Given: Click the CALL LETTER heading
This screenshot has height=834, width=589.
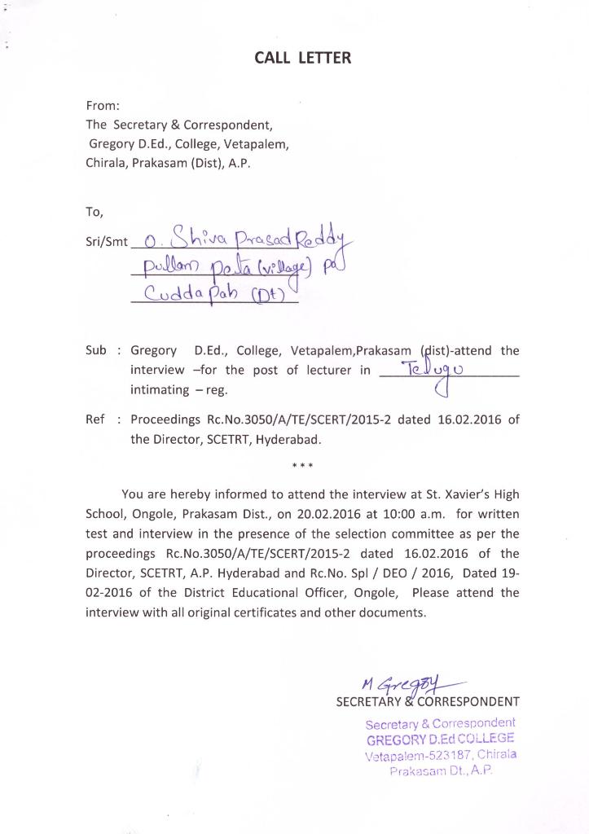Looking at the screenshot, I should coord(302,58).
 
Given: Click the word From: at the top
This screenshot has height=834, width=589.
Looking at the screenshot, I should coord(103,106).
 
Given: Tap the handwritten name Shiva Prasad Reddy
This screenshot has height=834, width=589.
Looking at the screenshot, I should coord(244,239).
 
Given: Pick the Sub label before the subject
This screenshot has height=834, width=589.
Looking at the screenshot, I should coord(96,351).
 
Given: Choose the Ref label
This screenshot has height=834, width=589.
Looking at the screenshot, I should coord(95,420).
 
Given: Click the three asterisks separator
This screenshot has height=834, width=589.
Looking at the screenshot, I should coord(302,467).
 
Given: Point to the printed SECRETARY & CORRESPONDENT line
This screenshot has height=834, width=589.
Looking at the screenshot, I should coord(428,701).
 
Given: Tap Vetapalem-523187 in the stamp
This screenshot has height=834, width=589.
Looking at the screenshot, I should coord(414,754).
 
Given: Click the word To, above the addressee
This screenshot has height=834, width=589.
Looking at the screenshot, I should coord(95,212).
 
